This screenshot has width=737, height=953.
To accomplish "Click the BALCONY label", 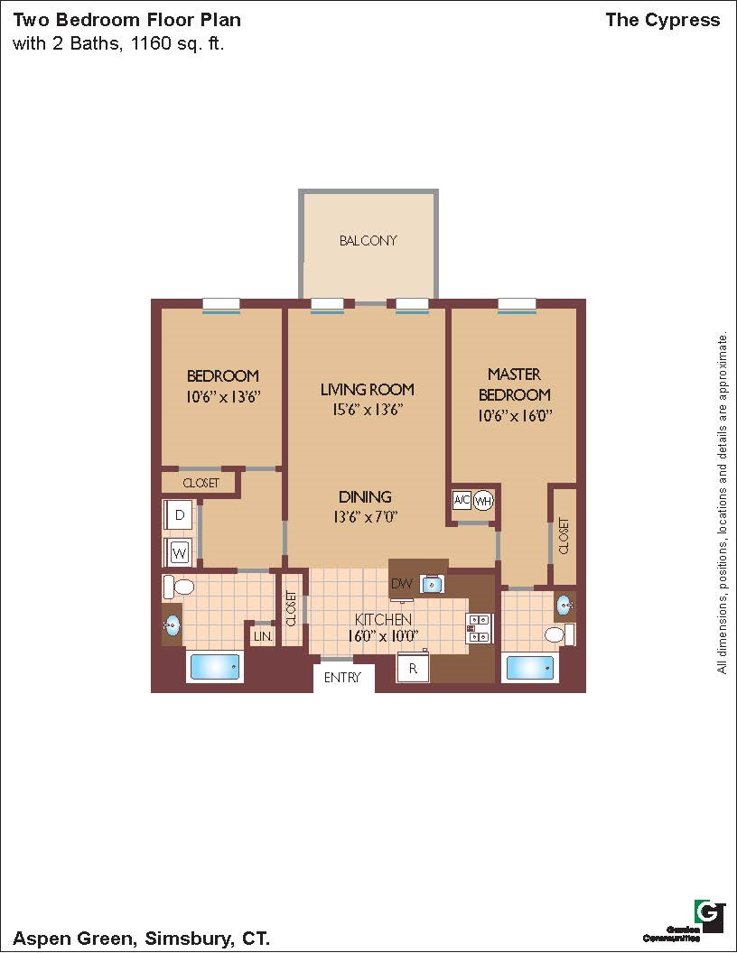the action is [x=368, y=241].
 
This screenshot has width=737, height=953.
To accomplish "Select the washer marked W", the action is [x=179, y=553].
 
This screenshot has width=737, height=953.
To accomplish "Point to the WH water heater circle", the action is [x=483, y=502].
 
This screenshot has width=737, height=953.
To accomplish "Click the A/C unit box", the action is [x=462, y=501].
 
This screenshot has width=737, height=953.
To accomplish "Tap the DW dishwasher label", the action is [x=402, y=584].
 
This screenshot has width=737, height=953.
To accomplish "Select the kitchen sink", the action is [x=433, y=584].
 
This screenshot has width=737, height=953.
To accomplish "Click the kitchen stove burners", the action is [x=478, y=628].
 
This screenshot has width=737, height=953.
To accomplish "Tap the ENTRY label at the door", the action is [x=342, y=677].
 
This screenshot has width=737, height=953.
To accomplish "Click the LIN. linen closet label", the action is [x=264, y=636].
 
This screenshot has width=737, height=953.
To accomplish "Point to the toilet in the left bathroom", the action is [x=178, y=588].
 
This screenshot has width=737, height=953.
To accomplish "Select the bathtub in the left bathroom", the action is [x=215, y=667].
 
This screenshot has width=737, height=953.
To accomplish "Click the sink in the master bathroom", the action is [x=564, y=605].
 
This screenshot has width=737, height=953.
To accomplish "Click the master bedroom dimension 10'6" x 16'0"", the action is [x=515, y=416].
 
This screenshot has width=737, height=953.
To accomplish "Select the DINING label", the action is [x=365, y=496].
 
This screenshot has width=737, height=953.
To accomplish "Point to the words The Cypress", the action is [x=663, y=20].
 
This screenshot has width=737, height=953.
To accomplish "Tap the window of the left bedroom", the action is [x=221, y=306].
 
